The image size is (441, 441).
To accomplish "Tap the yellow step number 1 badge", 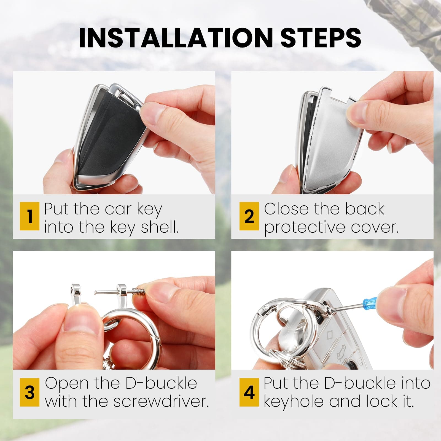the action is coord(29,216).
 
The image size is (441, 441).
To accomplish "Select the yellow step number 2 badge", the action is coord(249,216).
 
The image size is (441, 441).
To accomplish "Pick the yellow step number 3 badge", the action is coord(29,392).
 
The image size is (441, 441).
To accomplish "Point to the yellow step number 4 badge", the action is coord(249,392).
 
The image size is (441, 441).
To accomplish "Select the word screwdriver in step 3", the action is coord(161,401).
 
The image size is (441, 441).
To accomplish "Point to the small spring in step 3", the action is coord(138,291).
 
